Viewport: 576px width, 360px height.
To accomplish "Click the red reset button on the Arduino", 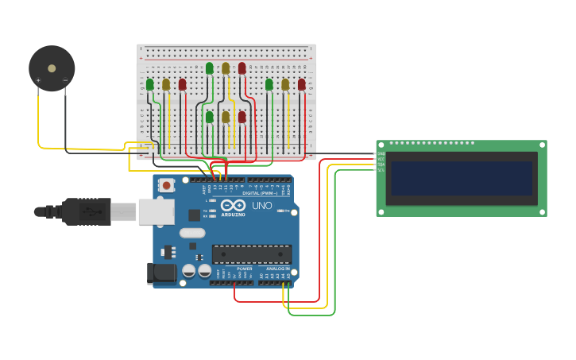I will tap(167, 186).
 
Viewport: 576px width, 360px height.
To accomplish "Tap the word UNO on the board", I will tap(262, 206).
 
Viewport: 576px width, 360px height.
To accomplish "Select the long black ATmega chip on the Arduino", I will tap(251, 254).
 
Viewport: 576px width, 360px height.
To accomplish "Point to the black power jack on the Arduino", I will tap(163, 273).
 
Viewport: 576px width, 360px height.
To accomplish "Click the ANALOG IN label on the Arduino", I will tap(277, 269).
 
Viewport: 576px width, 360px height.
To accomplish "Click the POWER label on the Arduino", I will tap(244, 269).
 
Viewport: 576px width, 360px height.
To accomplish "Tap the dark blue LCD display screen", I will tap(460, 178).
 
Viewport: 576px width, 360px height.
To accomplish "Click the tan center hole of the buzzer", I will tap(52, 68).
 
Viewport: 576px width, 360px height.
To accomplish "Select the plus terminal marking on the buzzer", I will tap(37, 80).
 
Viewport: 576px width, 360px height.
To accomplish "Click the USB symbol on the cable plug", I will tap(95, 211).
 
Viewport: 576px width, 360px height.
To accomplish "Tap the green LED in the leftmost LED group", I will tap(149, 84).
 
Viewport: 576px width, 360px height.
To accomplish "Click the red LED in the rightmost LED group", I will tap(302, 84).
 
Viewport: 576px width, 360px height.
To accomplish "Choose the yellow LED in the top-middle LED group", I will tap(226, 68).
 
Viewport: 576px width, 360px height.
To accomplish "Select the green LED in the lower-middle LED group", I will tap(210, 117).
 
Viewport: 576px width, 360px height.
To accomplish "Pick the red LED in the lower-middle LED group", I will tap(242, 117).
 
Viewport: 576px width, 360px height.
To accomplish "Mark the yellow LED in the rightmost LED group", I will tap(285, 84).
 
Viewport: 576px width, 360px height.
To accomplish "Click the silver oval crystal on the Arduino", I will tap(191, 233).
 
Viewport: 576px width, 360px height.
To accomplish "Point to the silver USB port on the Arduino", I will tap(156, 211).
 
